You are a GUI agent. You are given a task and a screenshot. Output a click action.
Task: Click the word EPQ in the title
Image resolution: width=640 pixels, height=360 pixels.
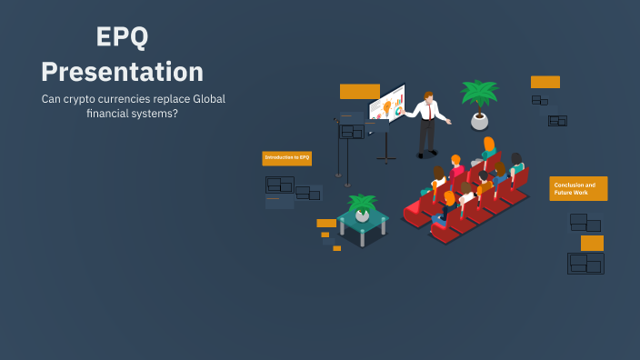(x=122, y=37)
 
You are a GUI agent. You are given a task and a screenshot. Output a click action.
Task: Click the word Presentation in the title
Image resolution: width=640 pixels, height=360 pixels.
(x=122, y=71)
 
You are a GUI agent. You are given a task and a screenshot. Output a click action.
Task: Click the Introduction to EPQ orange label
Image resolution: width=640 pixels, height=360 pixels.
(x=287, y=158)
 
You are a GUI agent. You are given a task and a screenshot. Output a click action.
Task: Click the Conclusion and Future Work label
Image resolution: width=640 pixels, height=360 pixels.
(x=578, y=188)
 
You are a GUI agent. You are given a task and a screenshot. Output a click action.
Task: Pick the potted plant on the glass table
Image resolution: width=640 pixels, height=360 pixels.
(x=362, y=208)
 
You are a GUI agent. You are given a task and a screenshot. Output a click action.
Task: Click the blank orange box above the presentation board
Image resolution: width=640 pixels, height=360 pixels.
(x=359, y=92)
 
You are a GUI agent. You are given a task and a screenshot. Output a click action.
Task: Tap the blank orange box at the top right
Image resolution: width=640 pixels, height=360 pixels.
(x=545, y=82)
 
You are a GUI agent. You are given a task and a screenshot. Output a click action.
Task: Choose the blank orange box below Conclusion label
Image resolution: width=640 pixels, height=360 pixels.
(x=592, y=243)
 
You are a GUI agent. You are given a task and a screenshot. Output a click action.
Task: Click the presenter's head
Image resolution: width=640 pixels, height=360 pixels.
(x=428, y=95)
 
